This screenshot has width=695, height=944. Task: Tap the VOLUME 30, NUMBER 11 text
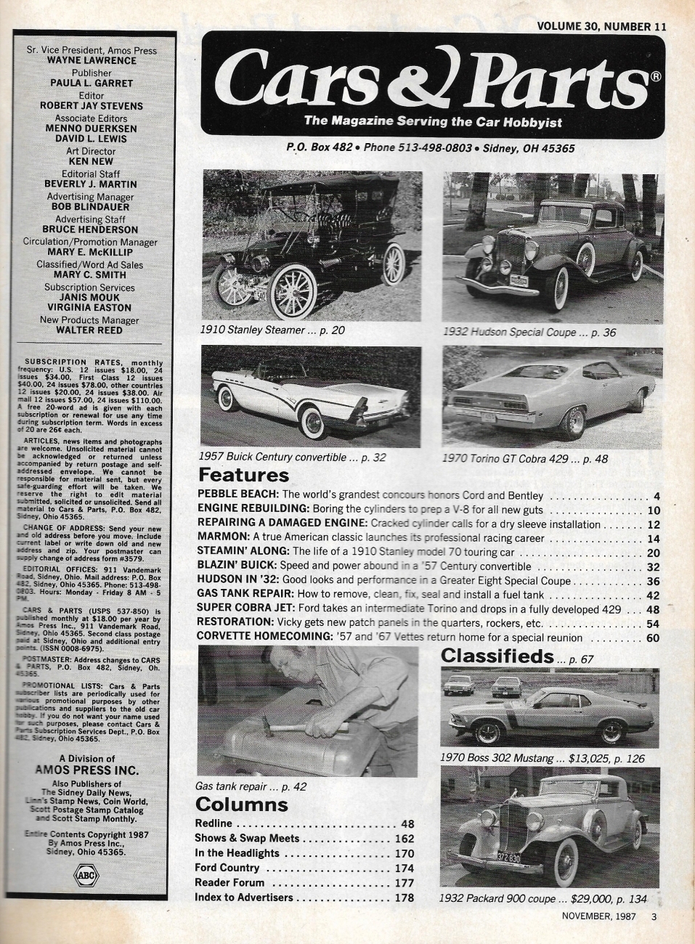tap(601, 26)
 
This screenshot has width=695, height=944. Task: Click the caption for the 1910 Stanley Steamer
tap(272, 330)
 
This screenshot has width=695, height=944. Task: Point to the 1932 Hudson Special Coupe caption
tap(529, 332)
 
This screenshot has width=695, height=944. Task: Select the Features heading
tap(243, 475)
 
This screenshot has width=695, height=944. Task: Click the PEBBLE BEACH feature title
tap(237, 495)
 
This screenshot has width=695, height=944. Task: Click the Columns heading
tap(241, 804)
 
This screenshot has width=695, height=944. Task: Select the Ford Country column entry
tap(227, 868)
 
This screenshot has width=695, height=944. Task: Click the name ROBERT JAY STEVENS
tap(92, 105)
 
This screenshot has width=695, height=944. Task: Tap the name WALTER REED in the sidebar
tap(92, 330)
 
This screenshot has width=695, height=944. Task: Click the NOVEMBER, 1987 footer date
tap(598, 916)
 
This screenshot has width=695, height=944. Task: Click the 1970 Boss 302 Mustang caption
tap(542, 758)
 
